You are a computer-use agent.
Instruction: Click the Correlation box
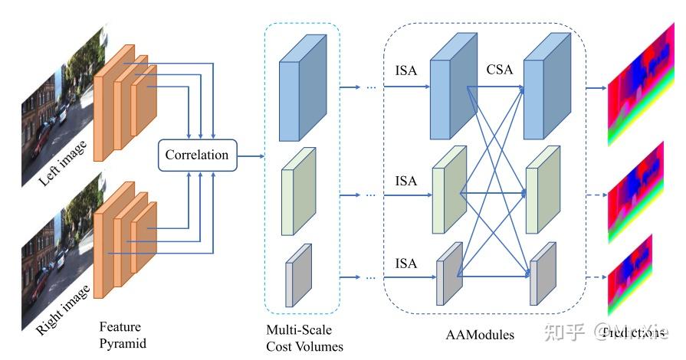point(198,155)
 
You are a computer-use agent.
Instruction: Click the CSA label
point(499,70)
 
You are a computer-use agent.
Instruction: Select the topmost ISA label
point(406,70)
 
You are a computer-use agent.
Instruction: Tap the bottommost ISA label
point(406,263)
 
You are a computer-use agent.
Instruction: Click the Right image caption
point(64,309)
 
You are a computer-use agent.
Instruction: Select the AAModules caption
point(480,335)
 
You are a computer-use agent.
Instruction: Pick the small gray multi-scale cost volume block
point(299,275)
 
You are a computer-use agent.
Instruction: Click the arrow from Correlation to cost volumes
point(251,156)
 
